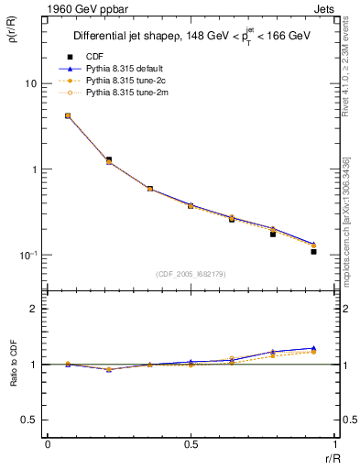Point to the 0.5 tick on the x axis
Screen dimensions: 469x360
click(x=191, y=445)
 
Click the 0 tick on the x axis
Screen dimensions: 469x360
click(x=48, y=445)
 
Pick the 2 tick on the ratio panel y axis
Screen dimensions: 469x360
click(x=34, y=309)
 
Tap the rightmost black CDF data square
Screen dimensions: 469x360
click(x=313, y=251)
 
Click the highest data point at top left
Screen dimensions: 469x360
click(x=68, y=115)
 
